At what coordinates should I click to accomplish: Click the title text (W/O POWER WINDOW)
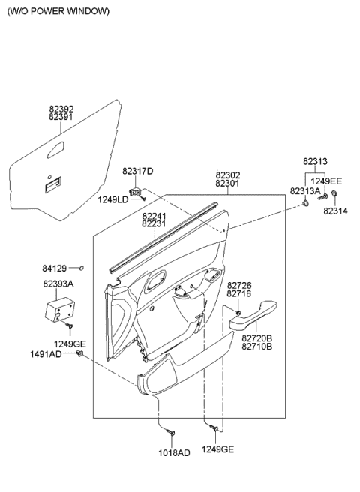58,11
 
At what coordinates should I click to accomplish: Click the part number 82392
61,109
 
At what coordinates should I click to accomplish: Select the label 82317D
137,172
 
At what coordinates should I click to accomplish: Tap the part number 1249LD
112,199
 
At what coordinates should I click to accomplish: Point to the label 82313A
305,191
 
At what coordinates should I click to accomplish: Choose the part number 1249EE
327,181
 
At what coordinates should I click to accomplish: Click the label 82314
337,211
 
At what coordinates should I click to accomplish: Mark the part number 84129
55,267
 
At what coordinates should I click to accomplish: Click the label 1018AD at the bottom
173,453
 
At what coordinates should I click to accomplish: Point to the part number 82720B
257,338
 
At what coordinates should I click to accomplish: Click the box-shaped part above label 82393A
60,310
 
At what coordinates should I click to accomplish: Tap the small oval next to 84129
82,267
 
